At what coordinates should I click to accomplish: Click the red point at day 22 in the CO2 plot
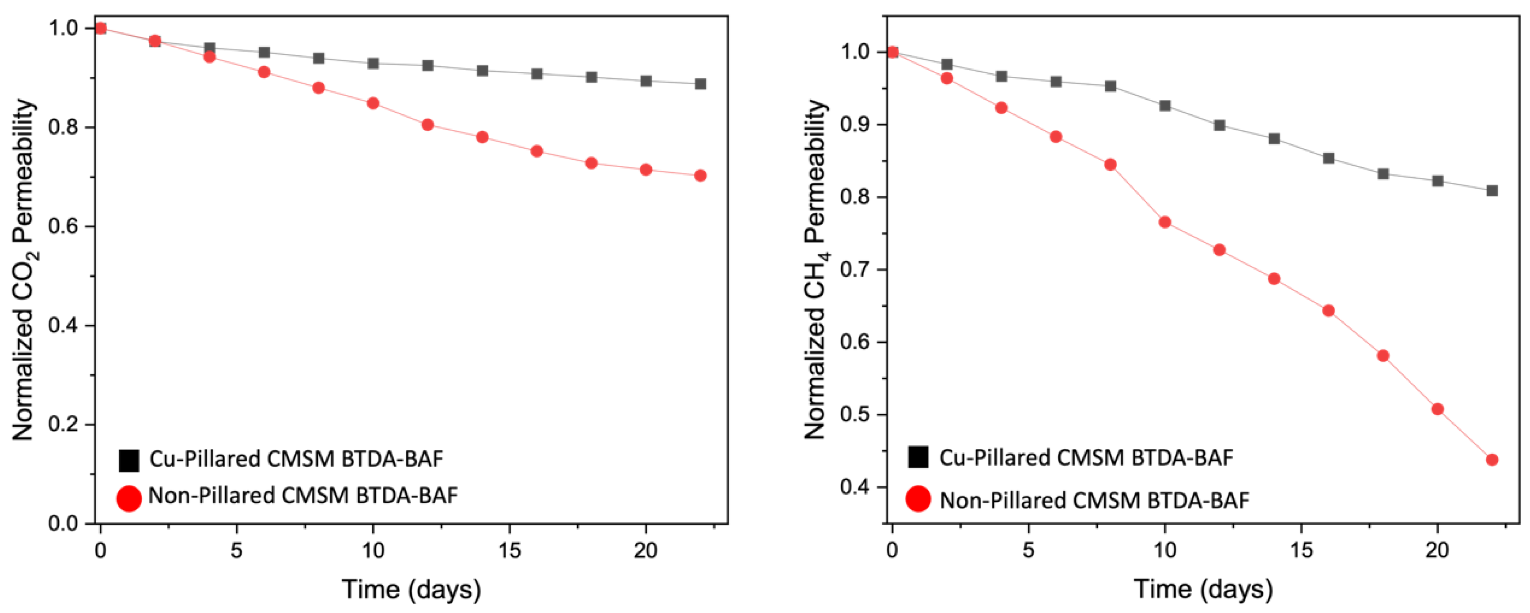point(700,176)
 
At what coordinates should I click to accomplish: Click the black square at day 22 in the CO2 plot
point(700,84)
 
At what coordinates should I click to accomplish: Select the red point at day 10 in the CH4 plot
point(1165,222)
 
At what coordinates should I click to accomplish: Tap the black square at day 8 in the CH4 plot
point(1110,86)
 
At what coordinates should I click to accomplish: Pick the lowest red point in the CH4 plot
point(1492,460)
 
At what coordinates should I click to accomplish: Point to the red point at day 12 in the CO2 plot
point(427,124)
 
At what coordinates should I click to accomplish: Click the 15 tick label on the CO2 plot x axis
point(509,551)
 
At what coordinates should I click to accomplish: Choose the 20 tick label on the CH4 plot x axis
point(1437,551)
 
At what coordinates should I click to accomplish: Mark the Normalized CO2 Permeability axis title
point(24,270)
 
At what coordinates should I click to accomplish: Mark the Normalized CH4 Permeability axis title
point(816,270)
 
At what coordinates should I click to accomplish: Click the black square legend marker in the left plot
point(129,460)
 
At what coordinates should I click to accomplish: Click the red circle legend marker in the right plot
point(918,498)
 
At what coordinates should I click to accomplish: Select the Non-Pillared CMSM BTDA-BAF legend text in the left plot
point(303,496)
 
